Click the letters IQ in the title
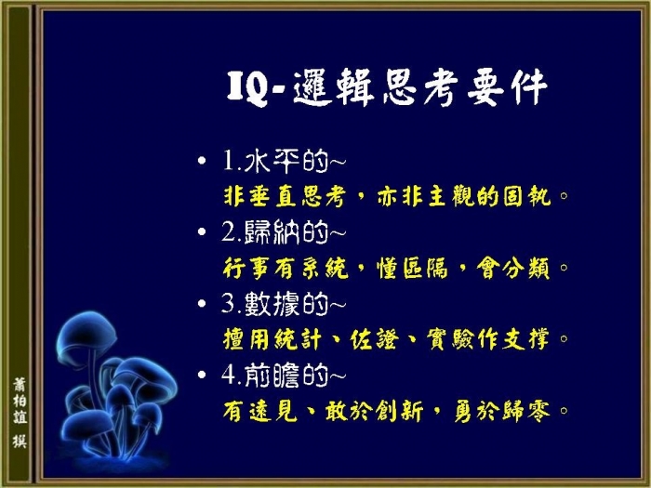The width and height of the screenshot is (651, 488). (x=247, y=88)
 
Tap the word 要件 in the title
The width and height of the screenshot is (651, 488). (x=507, y=87)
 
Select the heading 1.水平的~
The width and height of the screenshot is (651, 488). (x=284, y=161)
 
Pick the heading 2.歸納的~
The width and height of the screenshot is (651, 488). (x=284, y=231)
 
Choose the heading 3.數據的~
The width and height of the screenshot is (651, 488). (x=284, y=303)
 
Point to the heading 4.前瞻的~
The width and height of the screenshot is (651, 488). (x=284, y=375)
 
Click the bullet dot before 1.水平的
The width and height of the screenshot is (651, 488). (x=202, y=160)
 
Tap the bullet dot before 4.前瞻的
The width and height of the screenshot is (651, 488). (x=202, y=375)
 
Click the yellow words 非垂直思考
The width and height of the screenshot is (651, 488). (x=285, y=196)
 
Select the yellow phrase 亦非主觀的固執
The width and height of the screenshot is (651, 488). (x=464, y=196)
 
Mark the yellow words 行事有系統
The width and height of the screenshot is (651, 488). (x=286, y=268)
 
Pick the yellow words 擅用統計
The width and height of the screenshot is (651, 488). (x=272, y=339)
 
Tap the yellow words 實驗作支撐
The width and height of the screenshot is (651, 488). (x=488, y=339)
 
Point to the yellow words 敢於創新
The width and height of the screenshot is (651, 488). (x=374, y=411)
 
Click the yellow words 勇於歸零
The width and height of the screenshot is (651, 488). (x=502, y=411)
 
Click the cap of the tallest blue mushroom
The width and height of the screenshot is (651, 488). (x=86, y=335)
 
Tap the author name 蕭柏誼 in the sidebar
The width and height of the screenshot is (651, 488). (x=20, y=401)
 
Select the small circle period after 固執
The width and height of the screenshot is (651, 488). (x=564, y=195)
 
